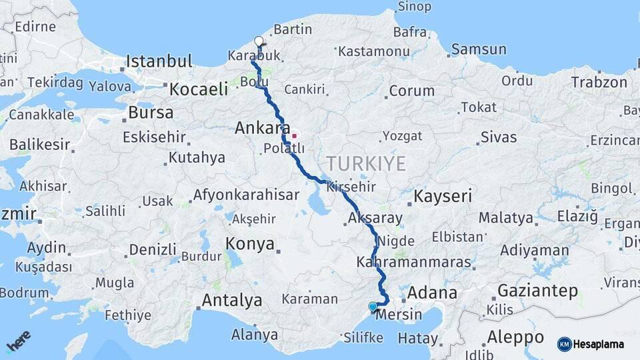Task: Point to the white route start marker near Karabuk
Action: click(259, 41)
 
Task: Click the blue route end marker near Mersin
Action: click(373, 307)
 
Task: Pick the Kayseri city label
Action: click(443, 196)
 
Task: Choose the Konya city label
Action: click(250, 244)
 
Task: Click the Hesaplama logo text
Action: click(599, 344)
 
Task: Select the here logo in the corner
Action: click(18, 341)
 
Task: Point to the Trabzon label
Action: click(599, 82)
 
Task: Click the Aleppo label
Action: click(515, 336)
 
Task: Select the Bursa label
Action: click(151, 112)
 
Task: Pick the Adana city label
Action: click(431, 293)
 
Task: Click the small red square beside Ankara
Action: click(294, 135)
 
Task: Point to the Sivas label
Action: click(498, 137)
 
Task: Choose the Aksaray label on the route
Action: click(375, 218)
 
